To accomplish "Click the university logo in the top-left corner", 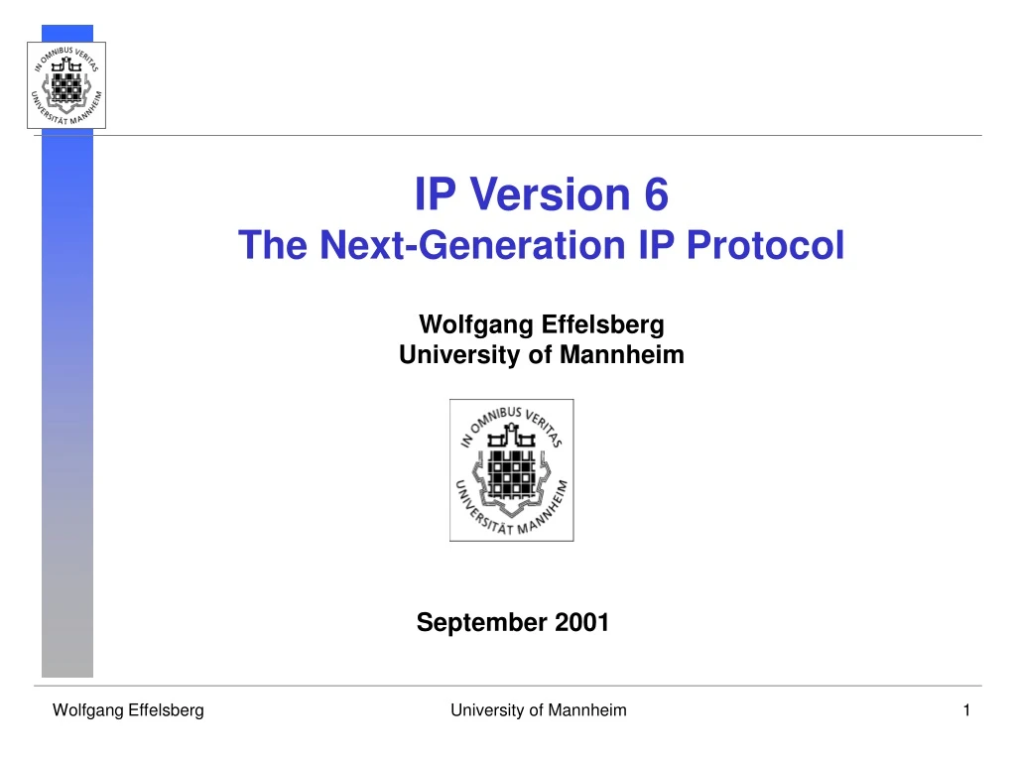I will tap(65, 85).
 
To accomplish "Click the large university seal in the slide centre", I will tap(511, 469).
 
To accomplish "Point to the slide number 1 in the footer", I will tap(965, 710).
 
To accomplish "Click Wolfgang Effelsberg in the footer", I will tap(128, 710).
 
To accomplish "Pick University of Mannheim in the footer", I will tap(538, 710).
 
